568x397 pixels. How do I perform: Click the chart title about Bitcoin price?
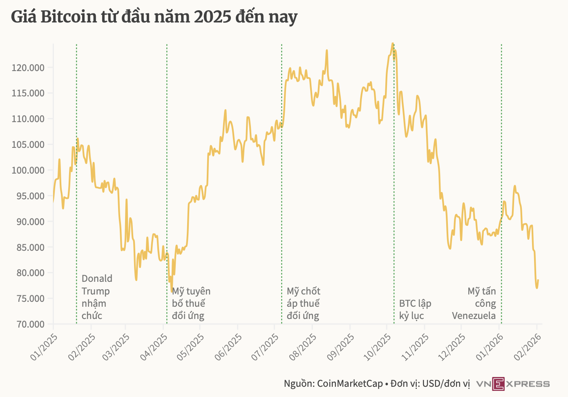(154, 17)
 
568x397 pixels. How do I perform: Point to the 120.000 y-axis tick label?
(28, 67)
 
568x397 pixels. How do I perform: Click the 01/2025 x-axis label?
(44, 347)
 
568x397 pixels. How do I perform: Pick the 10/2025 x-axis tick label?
(378, 347)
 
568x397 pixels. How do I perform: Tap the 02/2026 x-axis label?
(528, 347)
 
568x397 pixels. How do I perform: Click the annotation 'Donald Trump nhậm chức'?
(97, 297)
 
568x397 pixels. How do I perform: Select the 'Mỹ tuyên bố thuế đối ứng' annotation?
(191, 303)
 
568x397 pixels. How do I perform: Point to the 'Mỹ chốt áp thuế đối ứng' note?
(303, 303)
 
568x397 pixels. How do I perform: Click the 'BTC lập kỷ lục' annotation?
(415, 310)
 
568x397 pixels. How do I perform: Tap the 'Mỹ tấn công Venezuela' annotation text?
(475, 303)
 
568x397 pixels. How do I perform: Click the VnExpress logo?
(513, 384)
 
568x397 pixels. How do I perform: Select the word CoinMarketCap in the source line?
(350, 384)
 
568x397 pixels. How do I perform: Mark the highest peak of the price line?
(392, 43)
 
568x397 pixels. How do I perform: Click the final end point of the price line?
(538, 280)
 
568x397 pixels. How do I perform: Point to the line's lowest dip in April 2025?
(172, 291)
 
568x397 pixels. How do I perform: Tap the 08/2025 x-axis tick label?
(303, 347)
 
